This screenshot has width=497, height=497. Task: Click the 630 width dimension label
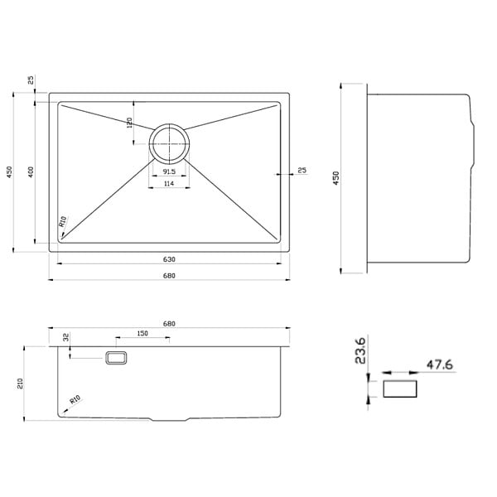(169, 259)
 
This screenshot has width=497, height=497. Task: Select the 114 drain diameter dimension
(169, 183)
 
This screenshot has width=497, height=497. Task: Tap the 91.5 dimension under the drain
(169, 171)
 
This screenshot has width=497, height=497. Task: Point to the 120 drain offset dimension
(129, 123)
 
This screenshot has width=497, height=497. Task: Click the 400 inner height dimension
(31, 171)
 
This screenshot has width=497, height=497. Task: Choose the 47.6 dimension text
(439, 364)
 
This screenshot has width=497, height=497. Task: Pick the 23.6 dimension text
(360, 350)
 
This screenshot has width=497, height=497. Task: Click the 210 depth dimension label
(20, 384)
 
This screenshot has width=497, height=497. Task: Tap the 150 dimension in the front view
(142, 333)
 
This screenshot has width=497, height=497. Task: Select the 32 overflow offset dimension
(66, 337)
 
